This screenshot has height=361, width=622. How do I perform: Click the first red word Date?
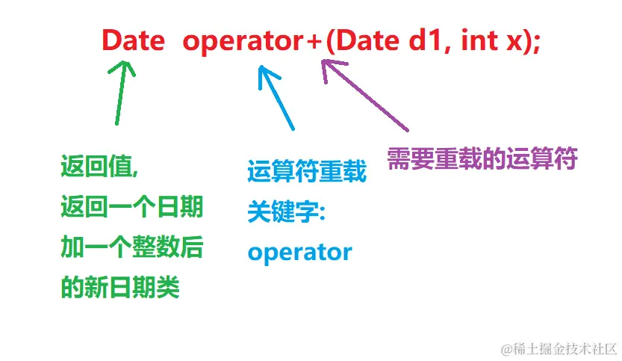134,40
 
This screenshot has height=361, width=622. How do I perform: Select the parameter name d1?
425,40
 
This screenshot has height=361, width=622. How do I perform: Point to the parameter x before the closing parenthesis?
513,42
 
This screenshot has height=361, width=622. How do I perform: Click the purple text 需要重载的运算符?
482,158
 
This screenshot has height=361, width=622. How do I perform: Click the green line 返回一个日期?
131,208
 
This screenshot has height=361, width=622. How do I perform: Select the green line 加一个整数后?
131,247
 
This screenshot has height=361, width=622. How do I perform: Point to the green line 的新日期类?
120,288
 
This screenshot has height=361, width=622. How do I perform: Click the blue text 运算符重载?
307,173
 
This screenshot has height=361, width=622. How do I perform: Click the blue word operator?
299,252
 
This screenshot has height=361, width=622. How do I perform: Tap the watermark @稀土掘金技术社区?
559,348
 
